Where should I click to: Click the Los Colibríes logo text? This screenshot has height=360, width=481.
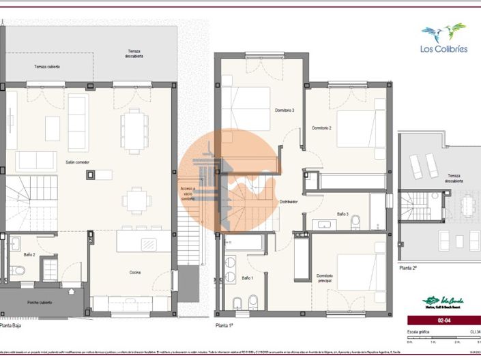443,49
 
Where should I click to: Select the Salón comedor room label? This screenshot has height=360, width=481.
78,162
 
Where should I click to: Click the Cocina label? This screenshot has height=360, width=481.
135,273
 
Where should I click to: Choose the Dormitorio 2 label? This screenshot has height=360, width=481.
321,128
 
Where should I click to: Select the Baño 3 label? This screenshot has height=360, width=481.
342,214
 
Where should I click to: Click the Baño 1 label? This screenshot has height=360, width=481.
247,278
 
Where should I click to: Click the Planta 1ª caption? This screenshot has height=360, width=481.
225,326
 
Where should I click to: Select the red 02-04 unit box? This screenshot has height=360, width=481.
442,320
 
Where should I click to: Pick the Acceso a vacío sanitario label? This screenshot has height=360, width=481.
188,194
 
